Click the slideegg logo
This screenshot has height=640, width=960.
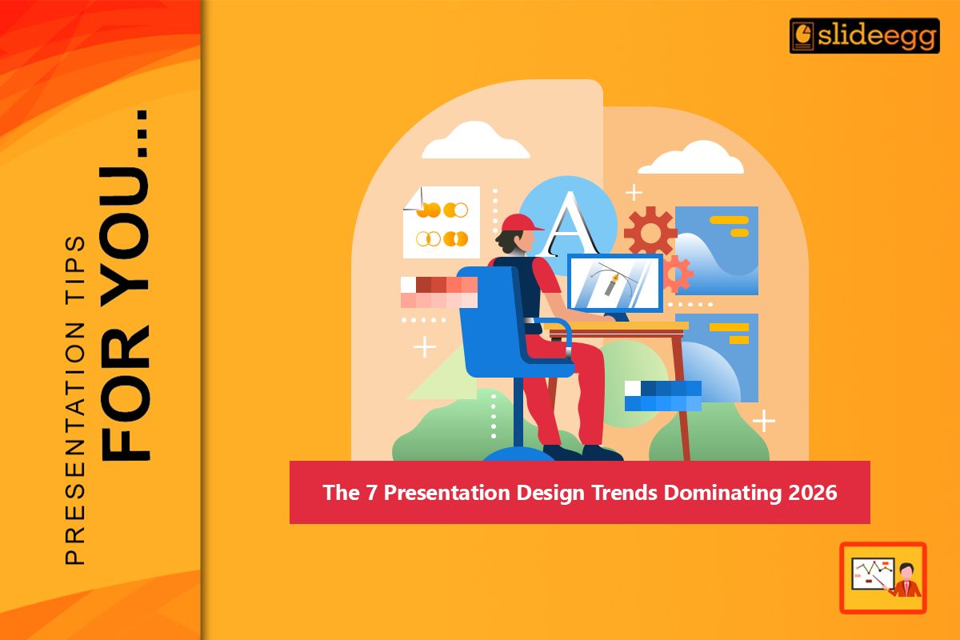click(864, 36)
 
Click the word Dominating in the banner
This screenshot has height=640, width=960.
click(722, 493)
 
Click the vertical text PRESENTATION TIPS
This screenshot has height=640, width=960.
click(74, 400)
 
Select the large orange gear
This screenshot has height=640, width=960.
click(650, 232)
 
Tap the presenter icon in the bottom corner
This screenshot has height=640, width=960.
click(882, 578)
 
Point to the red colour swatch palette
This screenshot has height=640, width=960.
click(439, 292)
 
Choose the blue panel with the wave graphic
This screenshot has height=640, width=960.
click(716, 250)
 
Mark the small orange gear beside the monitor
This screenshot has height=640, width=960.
click(676, 274)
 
